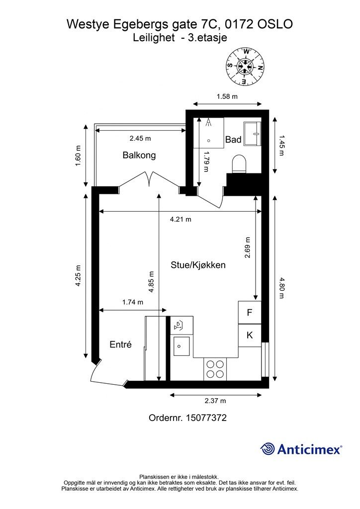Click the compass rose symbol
pos(245,67)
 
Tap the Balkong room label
pos(139,155)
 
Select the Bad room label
pos(233,140)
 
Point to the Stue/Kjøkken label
pos(198,265)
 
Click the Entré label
pos(120,344)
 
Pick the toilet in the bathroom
pos(239,164)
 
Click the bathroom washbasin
pos(253,133)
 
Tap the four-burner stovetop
pos(215,369)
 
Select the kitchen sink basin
pos(181,346)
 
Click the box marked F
pos(250,313)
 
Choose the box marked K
pos(250,336)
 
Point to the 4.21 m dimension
pos(180,219)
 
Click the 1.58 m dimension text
pos(227,96)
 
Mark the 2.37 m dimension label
pos(215,401)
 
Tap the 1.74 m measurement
pos(132,302)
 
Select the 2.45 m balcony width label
pos(140,138)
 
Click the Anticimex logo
pos(301,449)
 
